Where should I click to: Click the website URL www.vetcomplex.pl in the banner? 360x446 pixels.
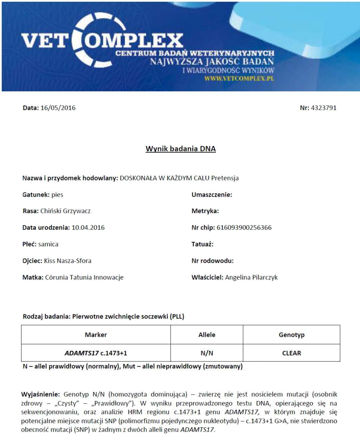[x=239, y=78]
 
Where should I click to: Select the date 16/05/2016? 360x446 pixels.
[x=58, y=108]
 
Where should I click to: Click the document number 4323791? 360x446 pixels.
[x=323, y=108]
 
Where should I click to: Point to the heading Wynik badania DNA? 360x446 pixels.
[x=181, y=149]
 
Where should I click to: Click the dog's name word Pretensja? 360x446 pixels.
[x=225, y=178]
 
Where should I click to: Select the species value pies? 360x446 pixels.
[x=57, y=195]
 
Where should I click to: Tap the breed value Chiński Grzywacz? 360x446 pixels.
[x=65, y=211]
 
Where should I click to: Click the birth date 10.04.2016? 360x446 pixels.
[x=88, y=228]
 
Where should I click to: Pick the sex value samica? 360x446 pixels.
[x=48, y=244]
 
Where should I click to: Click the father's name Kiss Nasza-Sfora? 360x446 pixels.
[x=67, y=261]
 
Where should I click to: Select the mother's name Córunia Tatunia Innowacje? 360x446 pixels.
[x=84, y=277]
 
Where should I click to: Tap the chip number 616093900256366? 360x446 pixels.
[x=244, y=228]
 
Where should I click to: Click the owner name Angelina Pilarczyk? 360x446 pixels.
[x=251, y=277]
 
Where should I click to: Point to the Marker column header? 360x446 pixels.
[x=96, y=335]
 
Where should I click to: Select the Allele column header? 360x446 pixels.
[x=207, y=335]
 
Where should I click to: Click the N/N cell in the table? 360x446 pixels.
[x=207, y=353]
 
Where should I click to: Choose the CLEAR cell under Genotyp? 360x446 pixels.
[x=291, y=353]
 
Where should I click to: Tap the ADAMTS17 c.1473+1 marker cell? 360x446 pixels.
[x=96, y=353]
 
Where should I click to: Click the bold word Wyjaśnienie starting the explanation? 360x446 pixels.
[x=40, y=394]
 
